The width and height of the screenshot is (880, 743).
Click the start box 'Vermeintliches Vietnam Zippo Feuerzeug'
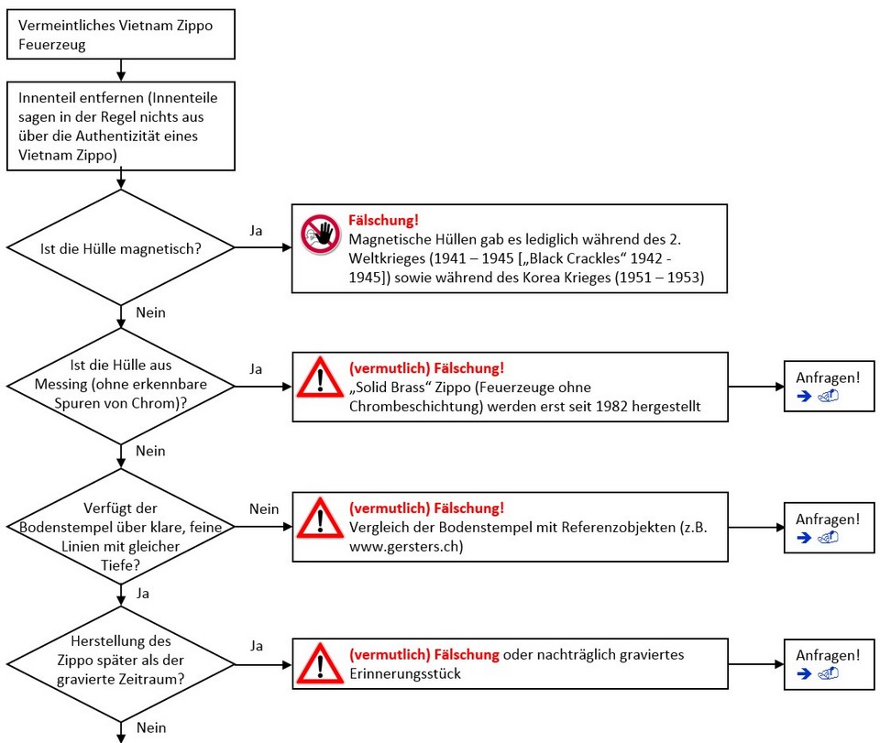[121, 35]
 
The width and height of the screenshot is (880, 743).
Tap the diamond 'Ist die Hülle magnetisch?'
[121, 247]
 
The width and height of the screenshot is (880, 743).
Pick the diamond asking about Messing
[121, 387]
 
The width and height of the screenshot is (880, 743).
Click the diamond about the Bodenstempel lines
[121, 527]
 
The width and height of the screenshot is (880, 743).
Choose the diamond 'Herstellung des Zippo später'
[121, 661]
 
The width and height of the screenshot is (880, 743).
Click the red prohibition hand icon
[320, 235]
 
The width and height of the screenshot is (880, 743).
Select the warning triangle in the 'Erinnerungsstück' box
[320, 662]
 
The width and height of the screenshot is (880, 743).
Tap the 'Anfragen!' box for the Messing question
[828, 387]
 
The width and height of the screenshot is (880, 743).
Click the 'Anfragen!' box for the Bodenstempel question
[828, 527]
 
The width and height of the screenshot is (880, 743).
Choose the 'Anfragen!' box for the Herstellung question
[828, 663]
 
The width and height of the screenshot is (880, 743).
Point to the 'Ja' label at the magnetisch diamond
[256, 231]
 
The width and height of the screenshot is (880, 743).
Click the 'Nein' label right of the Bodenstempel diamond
[264, 508]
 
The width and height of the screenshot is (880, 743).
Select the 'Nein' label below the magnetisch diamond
[150, 312]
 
